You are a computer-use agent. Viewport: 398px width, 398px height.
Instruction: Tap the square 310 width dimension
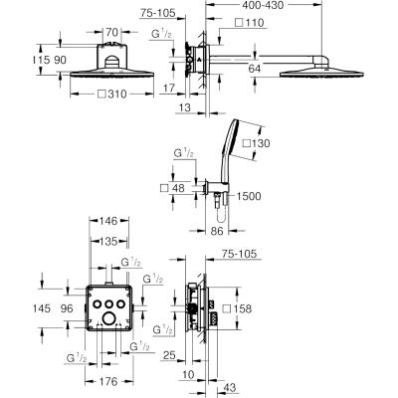point(112,95)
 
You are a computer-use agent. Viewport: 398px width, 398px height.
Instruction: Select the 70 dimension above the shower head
point(112,32)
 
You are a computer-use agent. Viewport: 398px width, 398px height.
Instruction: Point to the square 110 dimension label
point(250,23)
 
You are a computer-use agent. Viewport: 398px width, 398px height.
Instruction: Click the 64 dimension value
point(255,69)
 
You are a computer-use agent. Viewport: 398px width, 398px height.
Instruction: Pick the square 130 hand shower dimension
point(257,143)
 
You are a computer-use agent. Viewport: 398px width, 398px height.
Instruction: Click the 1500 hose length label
point(249,196)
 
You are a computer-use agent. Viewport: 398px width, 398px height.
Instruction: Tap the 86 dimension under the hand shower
point(217,231)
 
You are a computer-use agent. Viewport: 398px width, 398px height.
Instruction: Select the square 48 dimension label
point(172,188)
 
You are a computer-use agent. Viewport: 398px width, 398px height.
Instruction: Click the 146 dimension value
point(108,221)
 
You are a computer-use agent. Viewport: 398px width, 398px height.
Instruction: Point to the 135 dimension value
point(108,242)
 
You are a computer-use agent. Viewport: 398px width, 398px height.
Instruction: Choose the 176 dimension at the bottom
point(108,381)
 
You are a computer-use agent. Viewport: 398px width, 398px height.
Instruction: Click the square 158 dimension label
point(237,308)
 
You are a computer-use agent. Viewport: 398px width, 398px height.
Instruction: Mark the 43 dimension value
point(229,387)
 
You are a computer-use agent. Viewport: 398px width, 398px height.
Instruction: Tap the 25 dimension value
point(169,356)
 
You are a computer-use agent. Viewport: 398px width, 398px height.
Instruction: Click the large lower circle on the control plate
point(108,318)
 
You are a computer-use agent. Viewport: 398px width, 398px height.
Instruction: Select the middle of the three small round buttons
point(108,303)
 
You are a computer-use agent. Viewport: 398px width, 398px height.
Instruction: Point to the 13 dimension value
point(185,107)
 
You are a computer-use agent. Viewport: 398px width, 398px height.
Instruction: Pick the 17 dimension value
point(169,88)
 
